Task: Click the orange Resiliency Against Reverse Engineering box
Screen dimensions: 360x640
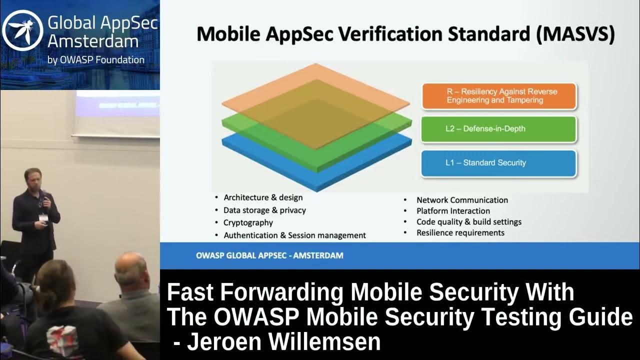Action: (499, 96)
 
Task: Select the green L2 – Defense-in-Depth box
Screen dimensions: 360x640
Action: (499, 129)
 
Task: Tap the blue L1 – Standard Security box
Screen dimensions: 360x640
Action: (499, 163)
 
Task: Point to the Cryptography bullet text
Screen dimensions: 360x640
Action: (248, 223)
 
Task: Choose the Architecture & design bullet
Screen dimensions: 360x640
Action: (263, 197)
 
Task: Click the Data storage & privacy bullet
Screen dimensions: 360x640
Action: (264, 210)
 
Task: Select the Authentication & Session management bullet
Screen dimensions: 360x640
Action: (294, 235)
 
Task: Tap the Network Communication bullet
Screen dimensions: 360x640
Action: (462, 200)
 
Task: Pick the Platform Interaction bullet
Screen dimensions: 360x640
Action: (453, 211)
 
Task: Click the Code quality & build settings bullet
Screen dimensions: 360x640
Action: (469, 222)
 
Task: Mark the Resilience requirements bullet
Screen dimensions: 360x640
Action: (460, 233)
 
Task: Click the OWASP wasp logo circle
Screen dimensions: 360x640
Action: (22, 31)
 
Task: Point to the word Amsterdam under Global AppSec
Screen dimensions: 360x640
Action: (85, 41)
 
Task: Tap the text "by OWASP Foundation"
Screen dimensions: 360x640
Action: (96, 60)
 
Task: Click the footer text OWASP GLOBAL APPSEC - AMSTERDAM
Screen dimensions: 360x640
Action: (269, 255)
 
